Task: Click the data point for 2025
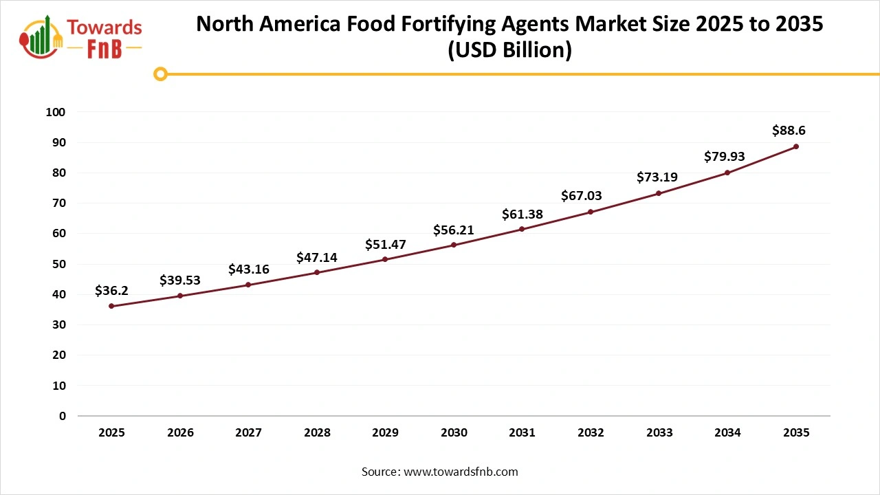(x=111, y=306)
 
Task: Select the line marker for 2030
(x=454, y=245)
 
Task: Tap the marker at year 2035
(x=796, y=146)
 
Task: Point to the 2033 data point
(x=659, y=193)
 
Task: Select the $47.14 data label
(x=317, y=257)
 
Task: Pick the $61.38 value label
(x=522, y=214)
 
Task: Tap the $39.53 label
(x=180, y=280)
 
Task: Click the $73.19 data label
(x=657, y=177)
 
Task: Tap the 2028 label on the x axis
(x=317, y=432)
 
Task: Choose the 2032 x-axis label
(x=591, y=432)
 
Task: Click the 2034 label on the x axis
(x=727, y=432)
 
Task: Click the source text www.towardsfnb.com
(x=461, y=472)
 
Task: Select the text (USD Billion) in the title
(x=509, y=51)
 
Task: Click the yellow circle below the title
(x=160, y=74)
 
